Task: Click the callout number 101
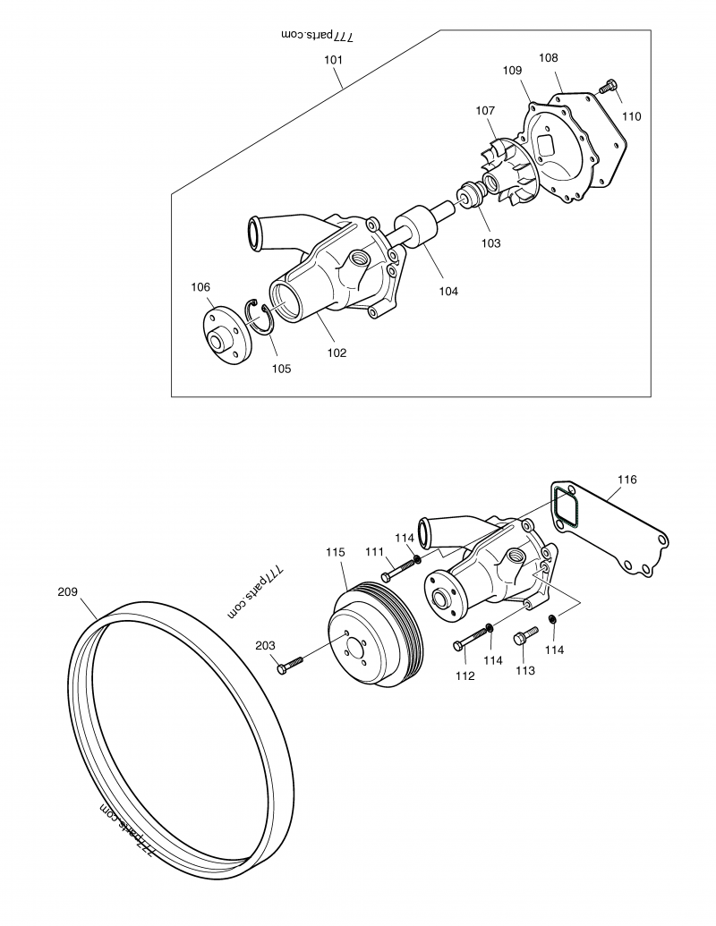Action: tap(333, 60)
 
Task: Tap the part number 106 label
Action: tap(200, 287)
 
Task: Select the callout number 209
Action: tap(67, 591)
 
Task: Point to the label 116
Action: tap(626, 480)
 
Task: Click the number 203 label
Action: tap(265, 645)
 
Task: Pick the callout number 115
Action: tap(335, 553)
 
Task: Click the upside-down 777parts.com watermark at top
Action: tap(319, 35)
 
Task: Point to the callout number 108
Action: tap(548, 58)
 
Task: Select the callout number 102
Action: tap(336, 353)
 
